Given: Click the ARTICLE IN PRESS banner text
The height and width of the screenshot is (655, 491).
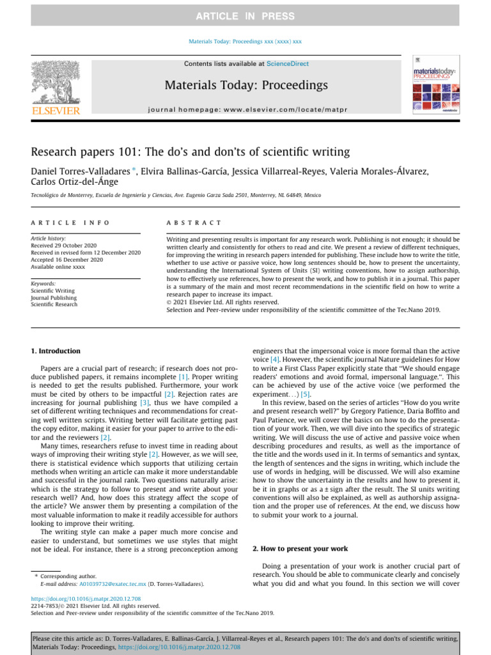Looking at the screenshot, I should tap(245, 16).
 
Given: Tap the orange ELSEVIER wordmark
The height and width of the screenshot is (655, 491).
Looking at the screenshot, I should tap(56, 111).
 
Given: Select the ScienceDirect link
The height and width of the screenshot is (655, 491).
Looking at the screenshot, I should tap(287, 64).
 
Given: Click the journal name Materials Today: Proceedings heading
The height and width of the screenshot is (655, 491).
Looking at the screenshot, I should tap(245, 85).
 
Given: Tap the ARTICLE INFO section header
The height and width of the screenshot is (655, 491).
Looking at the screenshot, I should tap(70, 223).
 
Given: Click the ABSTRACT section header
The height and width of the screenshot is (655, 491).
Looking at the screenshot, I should tap(194, 223).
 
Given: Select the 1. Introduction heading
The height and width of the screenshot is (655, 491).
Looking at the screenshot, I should tap(56, 351).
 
